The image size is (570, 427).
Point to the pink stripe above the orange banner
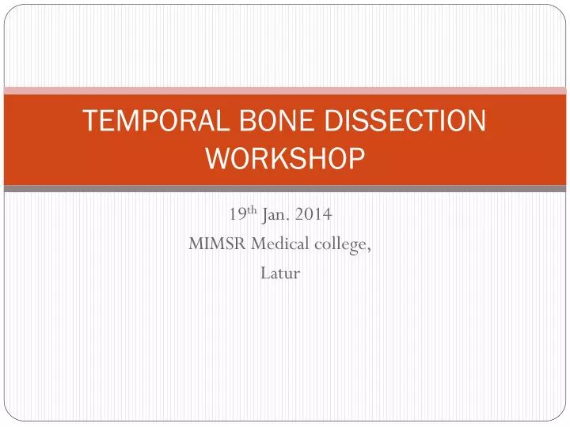[285, 90]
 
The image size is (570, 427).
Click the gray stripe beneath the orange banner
[285, 189]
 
